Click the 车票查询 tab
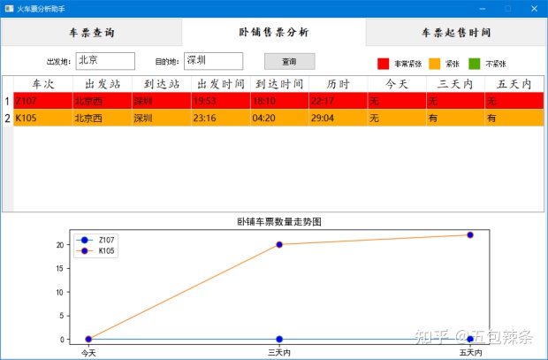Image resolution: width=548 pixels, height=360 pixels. [91, 33]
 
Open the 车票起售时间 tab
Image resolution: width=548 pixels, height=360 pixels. [456, 33]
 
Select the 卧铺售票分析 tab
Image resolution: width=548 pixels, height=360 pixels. [273, 33]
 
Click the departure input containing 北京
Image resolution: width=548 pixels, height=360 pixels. [105, 61]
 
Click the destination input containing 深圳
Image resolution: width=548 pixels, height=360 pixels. [213, 61]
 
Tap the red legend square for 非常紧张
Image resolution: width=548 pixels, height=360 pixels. [384, 64]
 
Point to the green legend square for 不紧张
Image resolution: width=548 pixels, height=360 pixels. [474, 64]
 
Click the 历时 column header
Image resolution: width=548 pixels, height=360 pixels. [339, 84]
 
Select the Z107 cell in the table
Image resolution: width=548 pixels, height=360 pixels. [42, 102]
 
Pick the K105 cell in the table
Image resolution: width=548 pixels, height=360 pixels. [42, 119]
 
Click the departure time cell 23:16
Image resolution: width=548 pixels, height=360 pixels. [220, 119]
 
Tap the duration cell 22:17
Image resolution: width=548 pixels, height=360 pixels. [339, 102]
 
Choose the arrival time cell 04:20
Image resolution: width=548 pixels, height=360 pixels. [279, 119]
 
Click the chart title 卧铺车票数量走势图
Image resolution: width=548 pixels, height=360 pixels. [279, 222]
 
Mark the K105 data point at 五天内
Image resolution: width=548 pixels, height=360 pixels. [470, 235]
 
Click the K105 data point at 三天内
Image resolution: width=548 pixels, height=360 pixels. [279, 244]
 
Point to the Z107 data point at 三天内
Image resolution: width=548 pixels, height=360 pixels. [279, 340]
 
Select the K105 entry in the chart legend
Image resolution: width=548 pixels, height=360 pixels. [104, 251]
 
